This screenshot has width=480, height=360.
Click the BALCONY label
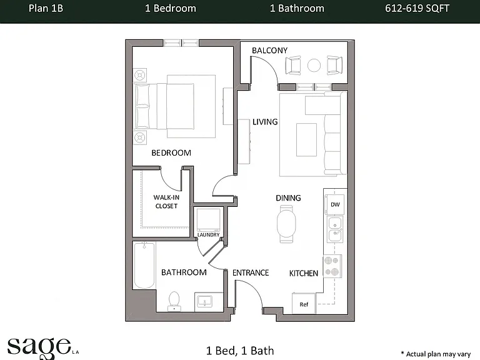pyautogui.click(x=270, y=51)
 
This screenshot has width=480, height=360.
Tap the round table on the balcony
pyautogui.click(x=314, y=65)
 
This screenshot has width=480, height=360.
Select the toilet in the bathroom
pyautogui.click(x=174, y=301)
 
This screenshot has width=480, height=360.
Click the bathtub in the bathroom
pyautogui.click(x=144, y=265)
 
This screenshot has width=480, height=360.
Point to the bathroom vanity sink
pyautogui.click(x=204, y=301)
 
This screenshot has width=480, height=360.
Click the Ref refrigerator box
pyautogui.click(x=304, y=303)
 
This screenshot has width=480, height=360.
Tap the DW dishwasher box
pyautogui.click(x=334, y=204)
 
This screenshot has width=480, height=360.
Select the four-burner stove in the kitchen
pyautogui.click(x=332, y=266)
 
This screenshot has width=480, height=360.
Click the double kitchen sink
pyautogui.click(x=335, y=229)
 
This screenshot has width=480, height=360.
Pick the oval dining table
pyautogui.click(x=286, y=224)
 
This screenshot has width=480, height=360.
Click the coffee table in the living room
pyautogui.click(x=306, y=139)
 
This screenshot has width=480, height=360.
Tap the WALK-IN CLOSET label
pyautogui.click(x=166, y=202)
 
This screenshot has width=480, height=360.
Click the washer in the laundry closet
pyautogui.click(x=208, y=220)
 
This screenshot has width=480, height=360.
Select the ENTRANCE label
pyautogui.click(x=251, y=272)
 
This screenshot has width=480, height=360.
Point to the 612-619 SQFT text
pyautogui.click(x=417, y=8)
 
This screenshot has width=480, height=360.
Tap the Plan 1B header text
pyautogui.click(x=46, y=8)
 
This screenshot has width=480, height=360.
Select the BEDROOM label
pyautogui.click(x=171, y=152)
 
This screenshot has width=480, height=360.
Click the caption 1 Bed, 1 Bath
pyautogui.click(x=240, y=351)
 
